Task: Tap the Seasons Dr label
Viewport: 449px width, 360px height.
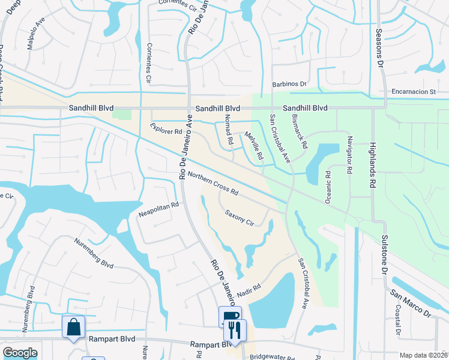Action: click(379, 47)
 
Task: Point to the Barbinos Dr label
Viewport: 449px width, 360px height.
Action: click(289, 85)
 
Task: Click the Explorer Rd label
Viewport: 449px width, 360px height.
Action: click(166, 128)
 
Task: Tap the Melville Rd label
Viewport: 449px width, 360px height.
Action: click(255, 146)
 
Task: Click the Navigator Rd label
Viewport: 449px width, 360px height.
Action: click(349, 154)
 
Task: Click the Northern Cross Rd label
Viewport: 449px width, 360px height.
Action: click(213, 184)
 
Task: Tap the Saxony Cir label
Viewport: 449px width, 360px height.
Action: click(240, 217)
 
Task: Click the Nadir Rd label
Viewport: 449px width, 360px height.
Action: click(250, 289)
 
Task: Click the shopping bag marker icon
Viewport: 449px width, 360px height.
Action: click(73, 327)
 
